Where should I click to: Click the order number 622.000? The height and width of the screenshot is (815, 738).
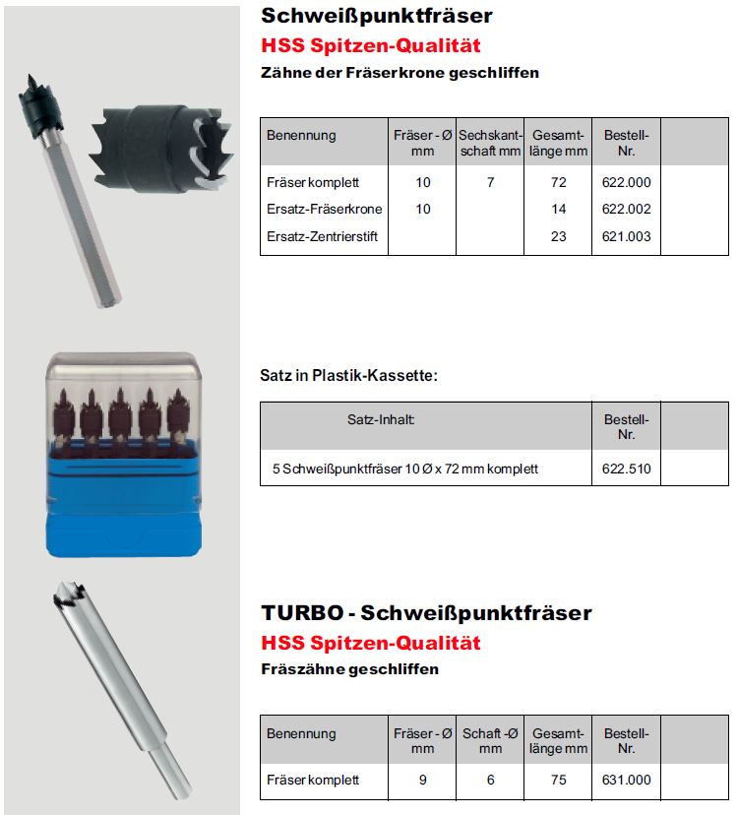click(626, 182)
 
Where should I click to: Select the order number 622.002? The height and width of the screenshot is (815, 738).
click(626, 209)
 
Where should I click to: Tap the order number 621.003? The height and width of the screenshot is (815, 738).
click(626, 236)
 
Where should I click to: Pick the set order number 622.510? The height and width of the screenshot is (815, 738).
click(626, 469)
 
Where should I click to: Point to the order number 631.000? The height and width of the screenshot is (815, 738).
click(626, 780)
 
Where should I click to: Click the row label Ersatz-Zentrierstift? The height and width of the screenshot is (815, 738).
click(322, 236)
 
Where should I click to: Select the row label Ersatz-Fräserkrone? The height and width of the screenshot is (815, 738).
click(325, 209)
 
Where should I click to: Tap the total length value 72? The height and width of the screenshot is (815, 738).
click(559, 182)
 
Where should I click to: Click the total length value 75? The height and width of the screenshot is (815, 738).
click(559, 780)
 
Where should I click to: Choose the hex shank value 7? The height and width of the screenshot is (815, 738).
click(490, 182)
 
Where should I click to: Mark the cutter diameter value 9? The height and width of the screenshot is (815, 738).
click(422, 780)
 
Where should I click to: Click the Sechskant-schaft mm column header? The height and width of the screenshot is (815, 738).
click(490, 143)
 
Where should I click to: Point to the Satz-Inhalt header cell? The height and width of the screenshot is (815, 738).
click(382, 419)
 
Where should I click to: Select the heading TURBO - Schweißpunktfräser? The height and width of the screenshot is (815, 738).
click(426, 613)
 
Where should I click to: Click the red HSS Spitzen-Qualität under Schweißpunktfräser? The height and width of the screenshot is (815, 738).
click(370, 45)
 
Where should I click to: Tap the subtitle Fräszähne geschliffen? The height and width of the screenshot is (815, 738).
click(349, 669)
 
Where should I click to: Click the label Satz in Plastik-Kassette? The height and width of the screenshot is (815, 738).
click(348, 375)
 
